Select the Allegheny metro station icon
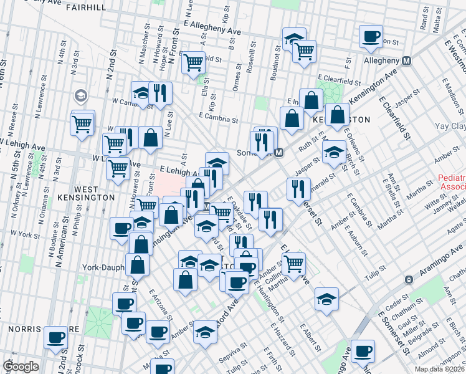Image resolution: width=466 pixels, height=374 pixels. pyautogui.click(x=407, y=60)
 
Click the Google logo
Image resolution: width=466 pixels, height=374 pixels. pyautogui.click(x=21, y=367)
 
